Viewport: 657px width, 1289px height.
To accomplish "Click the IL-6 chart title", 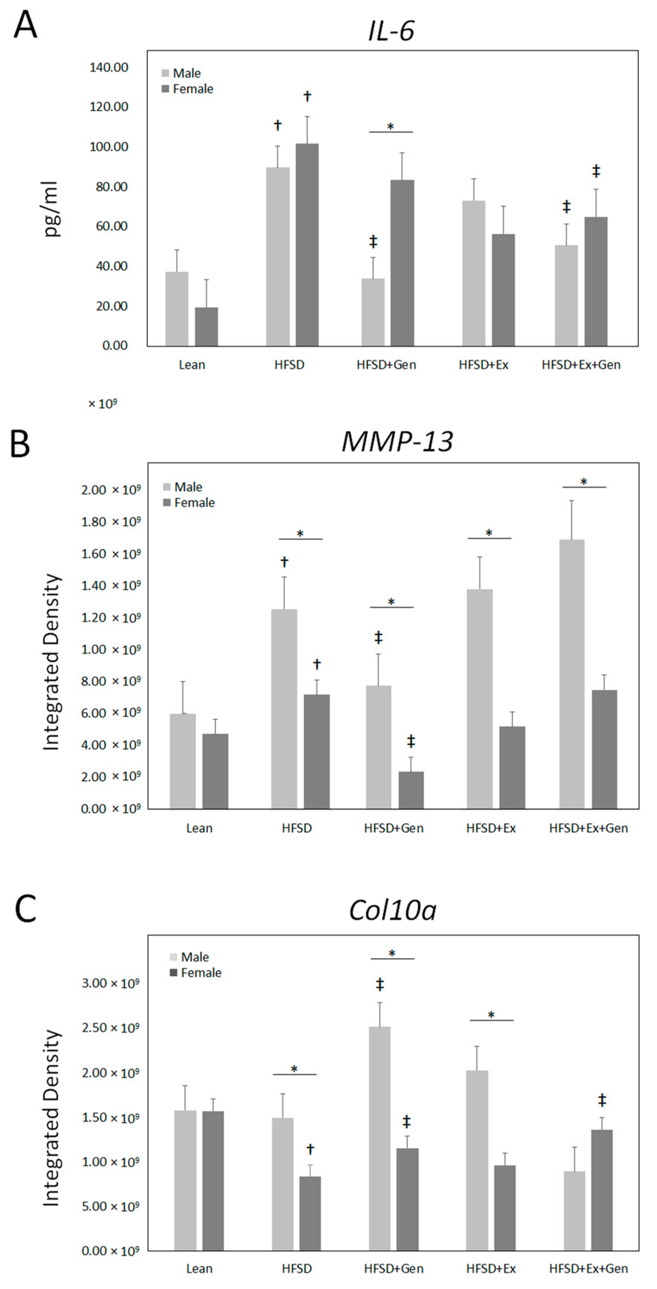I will pos(391,32).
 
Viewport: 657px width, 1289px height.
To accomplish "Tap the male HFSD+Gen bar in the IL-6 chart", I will pos(373,312).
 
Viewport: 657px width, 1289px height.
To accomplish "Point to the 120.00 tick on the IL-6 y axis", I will pos(109,107).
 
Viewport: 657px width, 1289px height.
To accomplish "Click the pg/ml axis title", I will pos(51,209).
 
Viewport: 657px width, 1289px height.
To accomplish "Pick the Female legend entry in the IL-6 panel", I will pos(192,89).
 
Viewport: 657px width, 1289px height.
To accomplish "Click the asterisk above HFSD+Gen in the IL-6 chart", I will pos(391,126).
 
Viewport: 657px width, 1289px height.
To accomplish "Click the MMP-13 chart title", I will pos(397,442).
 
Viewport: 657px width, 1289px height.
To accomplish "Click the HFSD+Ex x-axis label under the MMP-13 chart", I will pos(491,828).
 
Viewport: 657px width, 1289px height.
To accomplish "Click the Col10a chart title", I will pos(393,910).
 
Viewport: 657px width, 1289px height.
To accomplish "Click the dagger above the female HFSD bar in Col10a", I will pos(310,1149).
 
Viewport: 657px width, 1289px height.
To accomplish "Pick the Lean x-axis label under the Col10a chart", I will pos(199,1269).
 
